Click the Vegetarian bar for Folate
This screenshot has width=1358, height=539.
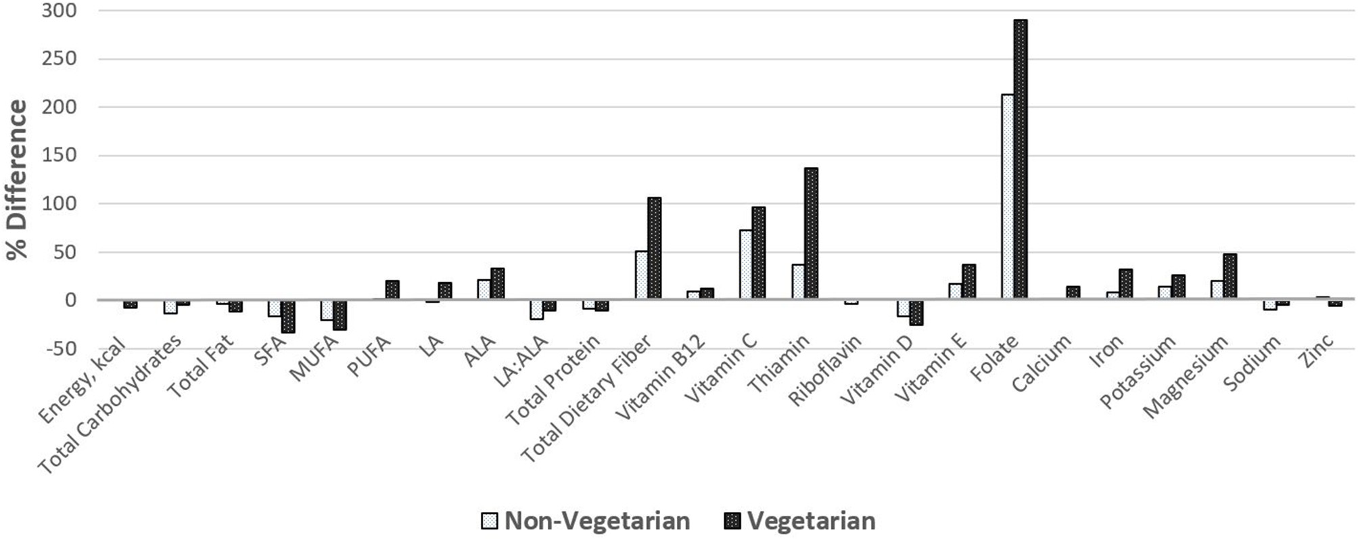point(1020,159)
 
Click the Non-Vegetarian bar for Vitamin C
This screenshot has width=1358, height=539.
point(745,264)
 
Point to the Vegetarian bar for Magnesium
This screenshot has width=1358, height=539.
point(1230,276)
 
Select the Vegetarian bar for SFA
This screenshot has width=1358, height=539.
point(288,316)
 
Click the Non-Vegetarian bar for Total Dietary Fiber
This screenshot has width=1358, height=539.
point(641,275)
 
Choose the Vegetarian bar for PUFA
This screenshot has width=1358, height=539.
point(392,289)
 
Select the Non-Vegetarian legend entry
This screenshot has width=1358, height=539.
point(585,521)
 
